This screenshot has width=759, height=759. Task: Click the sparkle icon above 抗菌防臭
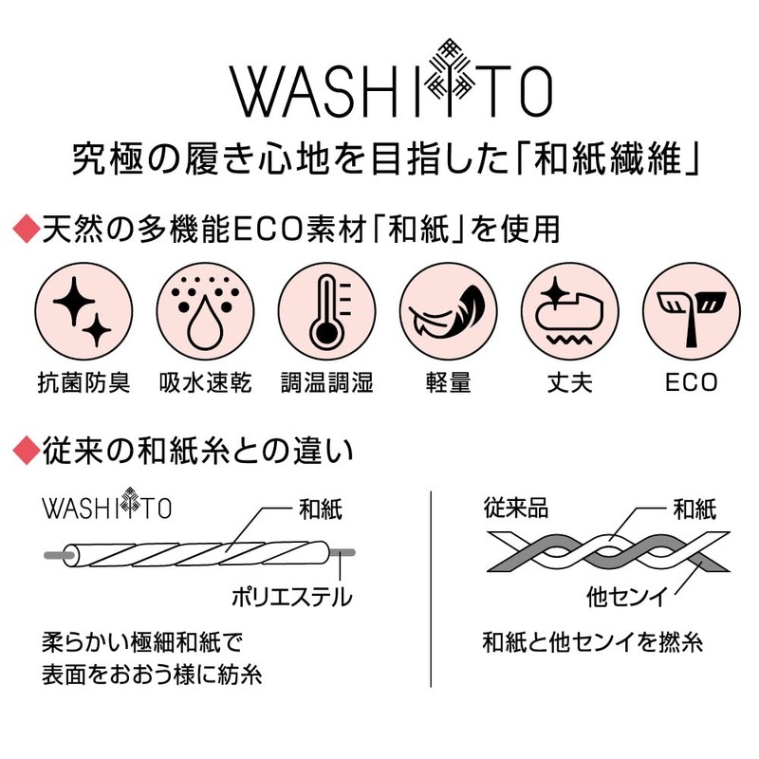(x=83, y=311)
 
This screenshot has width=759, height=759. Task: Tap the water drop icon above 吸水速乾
(x=205, y=311)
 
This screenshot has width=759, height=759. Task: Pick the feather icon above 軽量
(x=448, y=311)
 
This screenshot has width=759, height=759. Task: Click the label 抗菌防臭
(x=83, y=382)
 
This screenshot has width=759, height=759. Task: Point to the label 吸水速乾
(x=205, y=382)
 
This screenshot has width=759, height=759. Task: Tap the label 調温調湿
(x=326, y=382)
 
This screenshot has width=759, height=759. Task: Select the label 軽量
(x=448, y=382)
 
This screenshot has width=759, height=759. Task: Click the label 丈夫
(x=570, y=382)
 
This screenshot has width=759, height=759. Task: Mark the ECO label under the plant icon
(x=692, y=382)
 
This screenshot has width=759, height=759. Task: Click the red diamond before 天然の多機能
(x=27, y=230)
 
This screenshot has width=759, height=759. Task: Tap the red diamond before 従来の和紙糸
(x=27, y=452)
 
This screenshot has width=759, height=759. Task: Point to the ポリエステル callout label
(x=292, y=597)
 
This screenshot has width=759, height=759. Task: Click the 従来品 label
(x=516, y=509)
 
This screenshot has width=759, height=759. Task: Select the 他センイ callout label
(x=627, y=597)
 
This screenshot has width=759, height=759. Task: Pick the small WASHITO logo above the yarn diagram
(x=107, y=505)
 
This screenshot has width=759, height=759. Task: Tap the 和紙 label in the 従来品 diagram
(x=694, y=509)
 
